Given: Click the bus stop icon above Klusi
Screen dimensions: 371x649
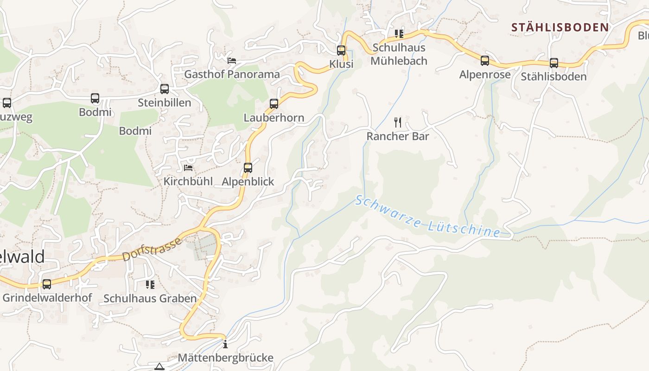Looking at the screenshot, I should [341, 51].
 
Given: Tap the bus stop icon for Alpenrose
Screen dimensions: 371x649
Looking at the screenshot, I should [484, 61].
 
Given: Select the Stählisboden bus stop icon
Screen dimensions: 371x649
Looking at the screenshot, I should [554, 63].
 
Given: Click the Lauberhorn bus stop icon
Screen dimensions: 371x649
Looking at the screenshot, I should [274, 104].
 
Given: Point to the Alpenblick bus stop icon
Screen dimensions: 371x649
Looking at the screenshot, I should [248, 168].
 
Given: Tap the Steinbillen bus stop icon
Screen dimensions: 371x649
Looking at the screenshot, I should [164, 89].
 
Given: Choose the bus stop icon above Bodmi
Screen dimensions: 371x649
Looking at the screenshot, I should [95, 98].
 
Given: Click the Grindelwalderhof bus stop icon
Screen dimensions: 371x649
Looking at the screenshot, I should [47, 284].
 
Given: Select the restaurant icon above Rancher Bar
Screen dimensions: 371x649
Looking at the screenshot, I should [397, 122].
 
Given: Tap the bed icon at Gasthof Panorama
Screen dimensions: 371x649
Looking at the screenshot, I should [231, 61].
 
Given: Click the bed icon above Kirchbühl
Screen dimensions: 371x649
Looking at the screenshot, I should [188, 168].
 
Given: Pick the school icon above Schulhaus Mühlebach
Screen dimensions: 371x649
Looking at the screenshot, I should [399, 34].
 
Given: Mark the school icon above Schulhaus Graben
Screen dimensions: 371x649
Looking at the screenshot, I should [150, 284].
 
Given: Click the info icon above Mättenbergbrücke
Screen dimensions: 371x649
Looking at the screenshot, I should [225, 344].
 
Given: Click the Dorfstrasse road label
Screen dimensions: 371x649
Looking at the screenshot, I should [152, 249].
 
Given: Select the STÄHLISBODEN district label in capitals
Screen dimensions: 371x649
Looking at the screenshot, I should [560, 27].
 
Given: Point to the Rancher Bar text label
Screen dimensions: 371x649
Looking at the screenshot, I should [398, 136].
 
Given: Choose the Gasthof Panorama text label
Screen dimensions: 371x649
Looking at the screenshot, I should [232, 74].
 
